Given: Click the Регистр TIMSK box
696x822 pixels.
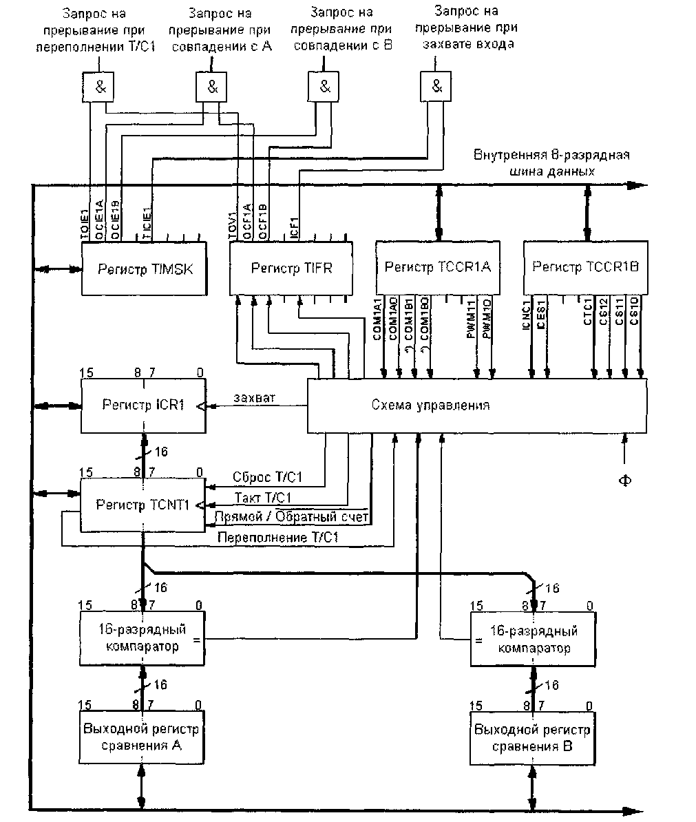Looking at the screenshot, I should [x=145, y=268].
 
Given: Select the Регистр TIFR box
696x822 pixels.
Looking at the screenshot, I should [x=291, y=268].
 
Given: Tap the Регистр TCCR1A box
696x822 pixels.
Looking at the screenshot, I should [x=438, y=266].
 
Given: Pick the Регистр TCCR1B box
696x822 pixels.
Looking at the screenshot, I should [x=586, y=266].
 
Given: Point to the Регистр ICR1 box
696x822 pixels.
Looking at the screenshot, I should [x=143, y=405].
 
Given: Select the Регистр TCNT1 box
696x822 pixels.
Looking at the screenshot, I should [x=143, y=505].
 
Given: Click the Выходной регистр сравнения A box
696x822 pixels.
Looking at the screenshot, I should [x=142, y=737].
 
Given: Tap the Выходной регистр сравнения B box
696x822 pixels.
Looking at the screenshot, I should [x=533, y=738].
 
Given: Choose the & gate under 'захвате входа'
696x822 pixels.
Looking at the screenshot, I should [x=437, y=87].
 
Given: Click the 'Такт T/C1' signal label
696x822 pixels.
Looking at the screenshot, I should [x=263, y=498].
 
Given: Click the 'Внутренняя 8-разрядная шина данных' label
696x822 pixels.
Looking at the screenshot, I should [x=551, y=162].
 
